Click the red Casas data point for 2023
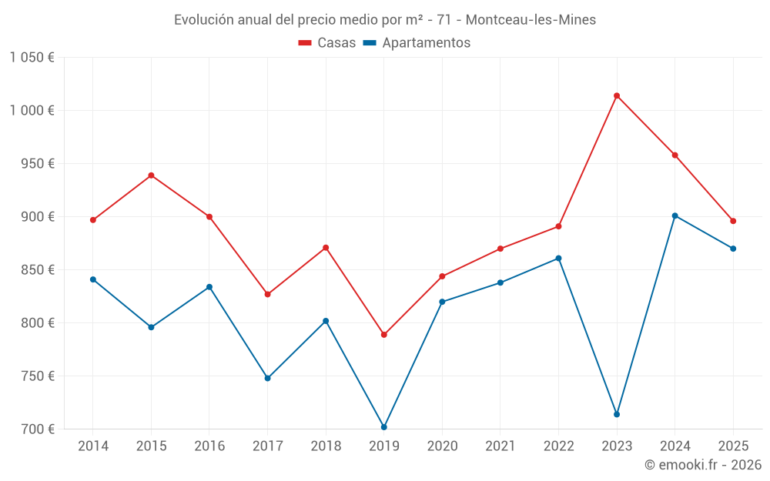point(617,95)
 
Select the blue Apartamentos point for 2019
point(384,427)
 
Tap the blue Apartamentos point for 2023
point(617,414)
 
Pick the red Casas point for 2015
point(151,175)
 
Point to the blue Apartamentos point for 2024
point(675,215)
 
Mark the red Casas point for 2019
point(384,335)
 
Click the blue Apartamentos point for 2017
point(267,378)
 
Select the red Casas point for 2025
point(733,221)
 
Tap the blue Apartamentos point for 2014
point(93,279)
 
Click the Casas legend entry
point(327,43)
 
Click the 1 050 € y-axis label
point(32,58)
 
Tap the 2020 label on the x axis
point(442,446)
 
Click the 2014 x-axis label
point(93,446)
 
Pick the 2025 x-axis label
point(733,446)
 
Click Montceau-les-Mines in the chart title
point(531,20)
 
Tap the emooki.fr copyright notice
point(702,465)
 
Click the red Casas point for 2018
point(326,248)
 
